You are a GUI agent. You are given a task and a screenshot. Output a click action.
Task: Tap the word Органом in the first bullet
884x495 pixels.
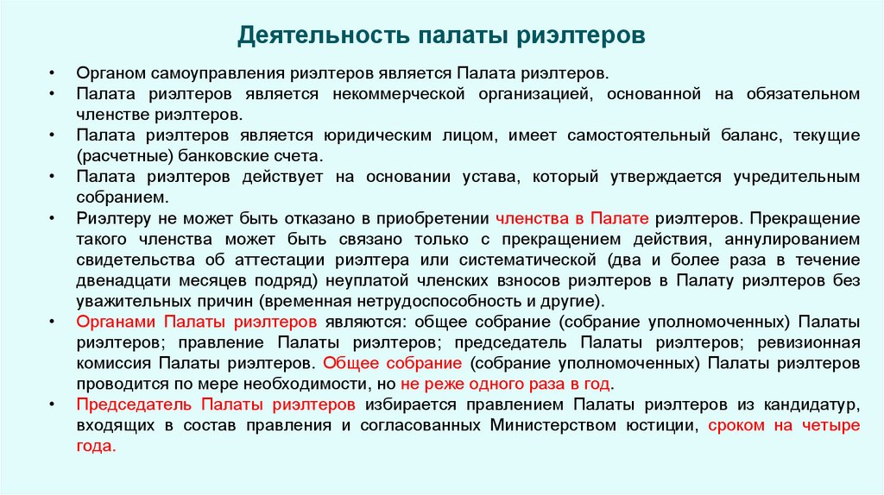coord(105,72)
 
